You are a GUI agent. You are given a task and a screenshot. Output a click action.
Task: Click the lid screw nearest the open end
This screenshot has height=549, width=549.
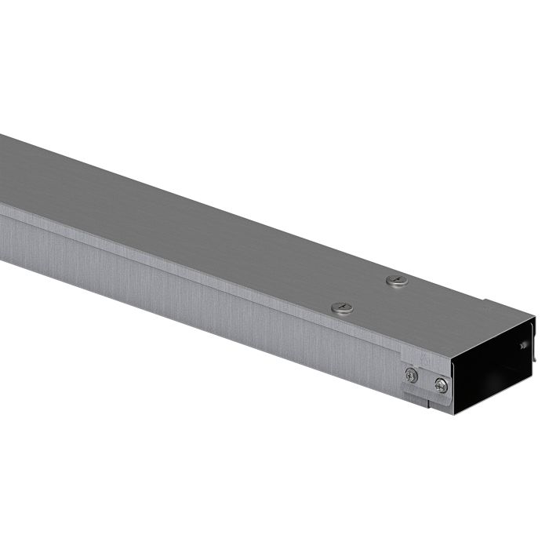[x=342, y=308]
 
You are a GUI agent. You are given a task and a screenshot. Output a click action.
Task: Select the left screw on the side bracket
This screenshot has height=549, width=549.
[x=412, y=376]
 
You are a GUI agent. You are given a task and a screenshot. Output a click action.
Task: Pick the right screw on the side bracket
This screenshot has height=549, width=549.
[x=442, y=385]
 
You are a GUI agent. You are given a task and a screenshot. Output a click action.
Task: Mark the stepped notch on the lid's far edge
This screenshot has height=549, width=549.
[x=488, y=301]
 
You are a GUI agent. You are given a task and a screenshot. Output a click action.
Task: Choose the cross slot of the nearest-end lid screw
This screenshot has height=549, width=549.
[x=342, y=308]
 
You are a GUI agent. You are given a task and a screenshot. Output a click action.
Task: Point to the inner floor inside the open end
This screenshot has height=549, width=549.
[x=490, y=396]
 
